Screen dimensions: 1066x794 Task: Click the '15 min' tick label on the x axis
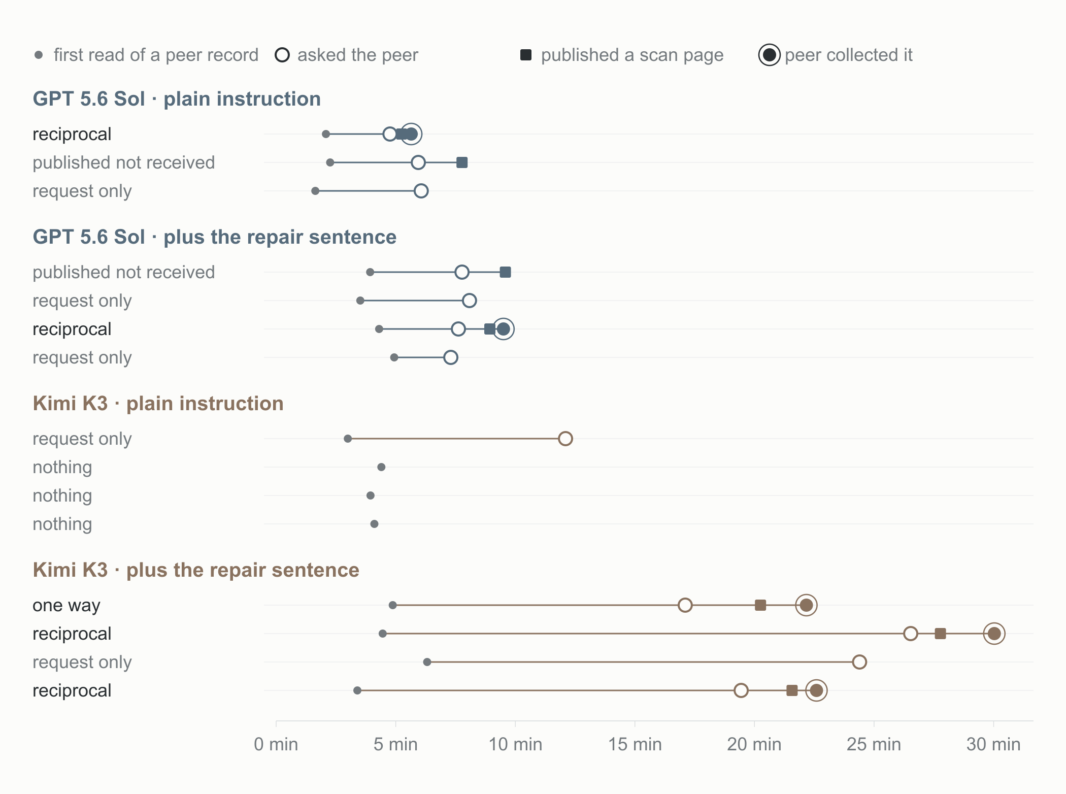(635, 744)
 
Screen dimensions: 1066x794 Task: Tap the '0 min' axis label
(276, 744)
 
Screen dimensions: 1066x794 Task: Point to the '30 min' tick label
(993, 744)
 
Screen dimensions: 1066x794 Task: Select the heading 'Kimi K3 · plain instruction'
(158, 404)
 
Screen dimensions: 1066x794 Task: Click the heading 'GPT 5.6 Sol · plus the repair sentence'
(215, 237)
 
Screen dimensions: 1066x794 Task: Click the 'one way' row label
(66, 605)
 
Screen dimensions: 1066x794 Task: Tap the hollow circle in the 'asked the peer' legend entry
(282, 55)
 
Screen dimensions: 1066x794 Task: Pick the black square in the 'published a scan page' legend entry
(526, 55)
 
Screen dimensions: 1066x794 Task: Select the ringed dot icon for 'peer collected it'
(770, 55)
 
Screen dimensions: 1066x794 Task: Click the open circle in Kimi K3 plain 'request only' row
(565, 439)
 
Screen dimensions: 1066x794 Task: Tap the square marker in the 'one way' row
(760, 605)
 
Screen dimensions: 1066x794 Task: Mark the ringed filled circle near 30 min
(994, 634)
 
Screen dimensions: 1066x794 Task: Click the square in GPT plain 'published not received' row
(462, 162)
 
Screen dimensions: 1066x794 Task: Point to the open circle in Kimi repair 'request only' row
(859, 662)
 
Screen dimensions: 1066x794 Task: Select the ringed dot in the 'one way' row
(806, 605)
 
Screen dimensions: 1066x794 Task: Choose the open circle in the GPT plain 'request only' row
(421, 191)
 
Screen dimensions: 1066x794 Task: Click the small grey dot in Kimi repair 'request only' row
(427, 662)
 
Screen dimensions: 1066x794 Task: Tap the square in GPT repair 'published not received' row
(505, 272)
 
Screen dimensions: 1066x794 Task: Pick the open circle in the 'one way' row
(685, 605)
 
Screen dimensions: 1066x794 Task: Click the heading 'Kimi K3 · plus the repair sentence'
(196, 570)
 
